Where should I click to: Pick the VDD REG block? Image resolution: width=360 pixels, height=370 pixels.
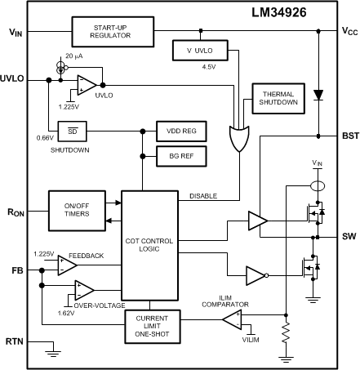tap(180, 132)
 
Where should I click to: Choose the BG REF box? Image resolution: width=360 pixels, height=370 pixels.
tap(180, 154)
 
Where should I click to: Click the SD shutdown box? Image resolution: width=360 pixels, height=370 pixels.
tap(72, 132)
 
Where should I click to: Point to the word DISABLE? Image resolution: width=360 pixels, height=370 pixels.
tap(204, 196)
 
